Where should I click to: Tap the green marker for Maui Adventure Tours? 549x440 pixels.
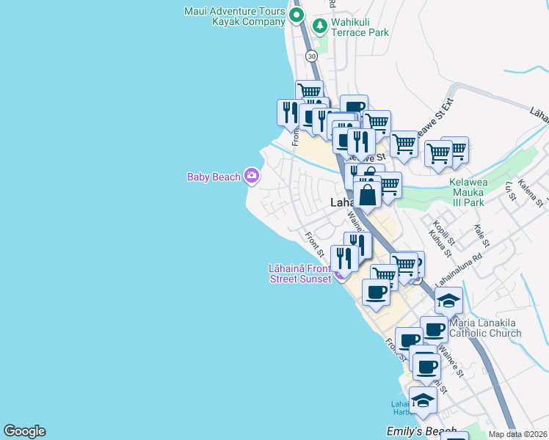(297, 15)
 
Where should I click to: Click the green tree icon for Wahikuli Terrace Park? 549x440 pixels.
(320, 26)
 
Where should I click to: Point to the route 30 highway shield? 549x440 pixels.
(312, 56)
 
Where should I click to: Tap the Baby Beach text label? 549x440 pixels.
(214, 177)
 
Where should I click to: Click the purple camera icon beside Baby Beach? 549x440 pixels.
(252, 175)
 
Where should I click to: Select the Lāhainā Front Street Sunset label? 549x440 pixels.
(300, 274)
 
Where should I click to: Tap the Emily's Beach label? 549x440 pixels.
(421, 432)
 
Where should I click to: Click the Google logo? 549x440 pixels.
(24, 431)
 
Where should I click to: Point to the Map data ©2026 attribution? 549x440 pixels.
(517, 434)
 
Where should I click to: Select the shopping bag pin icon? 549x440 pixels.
(368, 196)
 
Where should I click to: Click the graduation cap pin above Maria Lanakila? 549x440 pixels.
(448, 301)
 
